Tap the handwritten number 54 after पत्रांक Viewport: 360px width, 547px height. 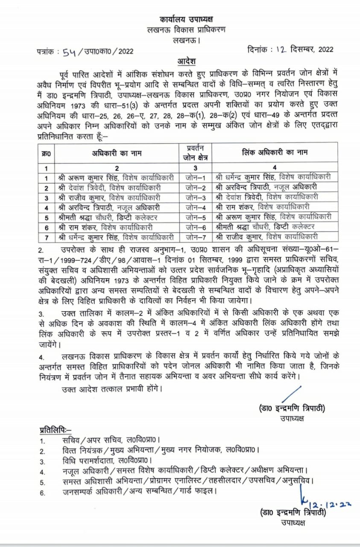pyautogui.click(x=69, y=51)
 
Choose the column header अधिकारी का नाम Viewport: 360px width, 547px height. pyautogui.click(x=116, y=153)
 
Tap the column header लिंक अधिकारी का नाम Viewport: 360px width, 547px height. pyautogui.click(x=275, y=153)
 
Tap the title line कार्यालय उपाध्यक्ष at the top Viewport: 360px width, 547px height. pyautogui.click(x=187, y=20)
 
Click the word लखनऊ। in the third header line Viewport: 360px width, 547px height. pyautogui.click(x=187, y=41)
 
